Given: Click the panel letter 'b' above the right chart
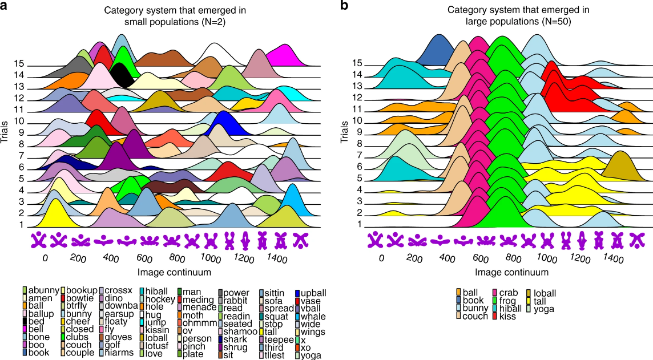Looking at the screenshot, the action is tap(344, 5).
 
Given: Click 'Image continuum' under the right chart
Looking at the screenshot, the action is tap(511, 272).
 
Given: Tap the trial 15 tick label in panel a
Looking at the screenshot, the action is tap(19, 64).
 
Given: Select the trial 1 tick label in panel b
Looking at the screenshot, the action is tap(358, 224).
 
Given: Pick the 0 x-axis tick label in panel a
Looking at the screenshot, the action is tap(45, 258).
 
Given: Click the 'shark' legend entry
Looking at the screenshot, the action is tap(233, 339).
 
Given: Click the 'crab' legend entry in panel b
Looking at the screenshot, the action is tap(505, 293).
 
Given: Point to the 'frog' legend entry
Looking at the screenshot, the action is tap(505, 301).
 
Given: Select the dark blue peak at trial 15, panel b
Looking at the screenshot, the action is tap(437, 50).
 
